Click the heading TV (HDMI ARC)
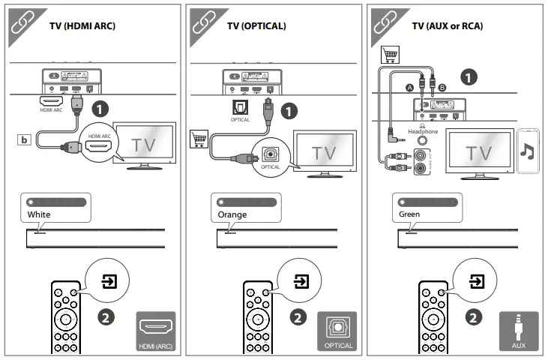click(82, 26)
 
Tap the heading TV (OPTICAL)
click(256, 26)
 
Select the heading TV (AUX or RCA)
click(448, 26)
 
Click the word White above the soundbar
click(38, 214)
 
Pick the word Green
click(409, 214)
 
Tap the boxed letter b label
click(25, 139)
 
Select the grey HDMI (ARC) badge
click(156, 331)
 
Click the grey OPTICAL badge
click(338, 331)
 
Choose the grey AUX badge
click(519, 331)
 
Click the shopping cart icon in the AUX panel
click(391, 55)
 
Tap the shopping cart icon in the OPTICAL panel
click(199, 138)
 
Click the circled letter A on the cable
click(409, 88)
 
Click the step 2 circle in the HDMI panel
click(108, 317)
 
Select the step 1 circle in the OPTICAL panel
click(289, 110)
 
